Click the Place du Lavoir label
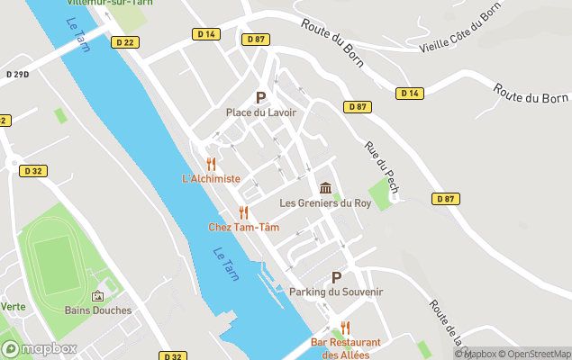(260, 112)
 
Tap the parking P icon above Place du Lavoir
(261, 97)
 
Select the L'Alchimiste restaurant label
(211, 178)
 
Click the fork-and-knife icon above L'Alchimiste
(211, 164)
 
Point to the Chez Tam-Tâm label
(243, 227)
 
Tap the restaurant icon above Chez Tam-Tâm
(243, 212)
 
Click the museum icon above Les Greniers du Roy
(325, 188)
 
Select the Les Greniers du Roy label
(325, 203)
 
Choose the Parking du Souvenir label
(336, 292)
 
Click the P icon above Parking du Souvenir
(337, 278)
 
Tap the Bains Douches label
(98, 310)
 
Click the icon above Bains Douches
(97, 296)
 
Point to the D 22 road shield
(124, 42)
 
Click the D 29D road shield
(17, 73)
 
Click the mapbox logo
(40, 348)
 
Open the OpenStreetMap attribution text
(536, 354)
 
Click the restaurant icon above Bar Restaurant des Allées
(345, 328)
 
